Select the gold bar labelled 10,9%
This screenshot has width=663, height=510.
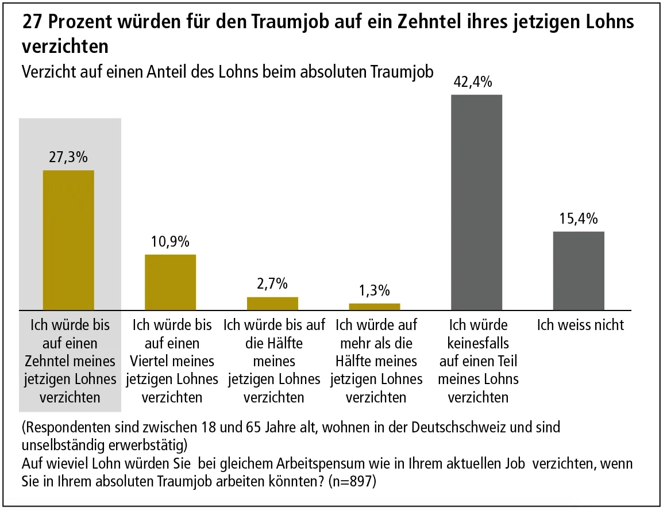pos(171,282)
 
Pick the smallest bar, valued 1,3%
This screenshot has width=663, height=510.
pos(374,306)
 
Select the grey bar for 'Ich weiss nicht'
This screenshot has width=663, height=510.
pos(579,271)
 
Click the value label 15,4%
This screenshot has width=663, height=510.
pos(579,219)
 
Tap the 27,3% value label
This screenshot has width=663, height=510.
pos(69,158)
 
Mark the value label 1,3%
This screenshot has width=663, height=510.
pos(374,290)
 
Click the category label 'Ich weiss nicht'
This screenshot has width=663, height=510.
pos(580,325)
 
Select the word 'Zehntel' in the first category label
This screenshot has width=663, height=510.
pos(48,361)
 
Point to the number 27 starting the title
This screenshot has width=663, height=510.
pos(31,22)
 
